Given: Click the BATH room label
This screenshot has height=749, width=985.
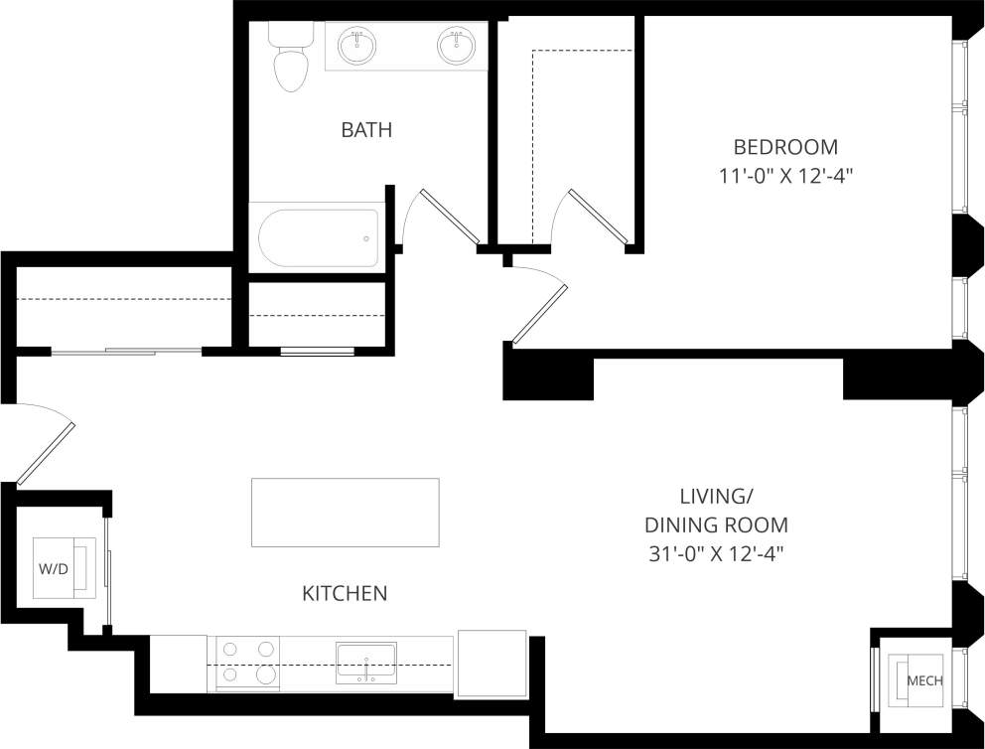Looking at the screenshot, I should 366,129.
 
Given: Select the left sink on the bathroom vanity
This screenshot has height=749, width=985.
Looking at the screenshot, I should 356,46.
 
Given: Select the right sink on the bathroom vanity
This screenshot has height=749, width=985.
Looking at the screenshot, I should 457,46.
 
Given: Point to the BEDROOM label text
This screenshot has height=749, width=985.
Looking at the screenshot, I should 785,147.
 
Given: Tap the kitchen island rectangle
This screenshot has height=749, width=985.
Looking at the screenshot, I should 345,512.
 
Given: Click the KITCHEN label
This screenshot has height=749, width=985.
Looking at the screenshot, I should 344,594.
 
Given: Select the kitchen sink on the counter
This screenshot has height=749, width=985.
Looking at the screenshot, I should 366,663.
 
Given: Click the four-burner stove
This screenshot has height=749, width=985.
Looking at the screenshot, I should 247,663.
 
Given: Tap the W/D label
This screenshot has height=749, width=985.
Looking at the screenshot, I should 53,569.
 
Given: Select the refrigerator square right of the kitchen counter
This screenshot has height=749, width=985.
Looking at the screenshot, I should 492,663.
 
